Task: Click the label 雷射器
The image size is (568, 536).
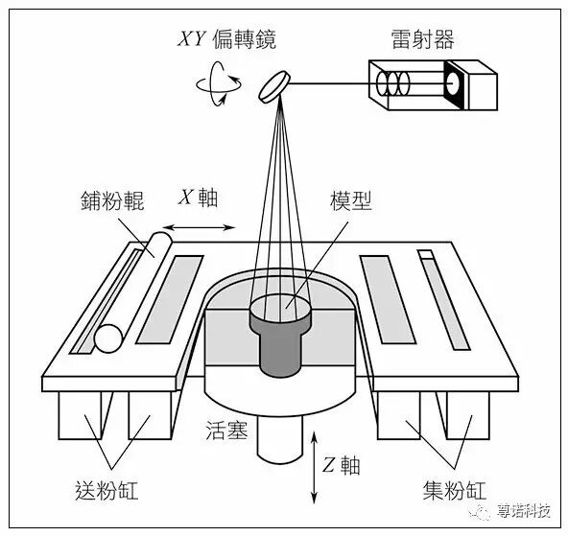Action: [423, 39]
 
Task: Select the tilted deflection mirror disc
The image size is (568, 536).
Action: [276, 85]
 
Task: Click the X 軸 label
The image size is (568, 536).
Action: [199, 198]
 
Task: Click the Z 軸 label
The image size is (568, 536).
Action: [341, 466]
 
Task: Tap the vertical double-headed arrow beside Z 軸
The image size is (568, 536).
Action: [316, 466]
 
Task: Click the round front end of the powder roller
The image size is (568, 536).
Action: [108, 338]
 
